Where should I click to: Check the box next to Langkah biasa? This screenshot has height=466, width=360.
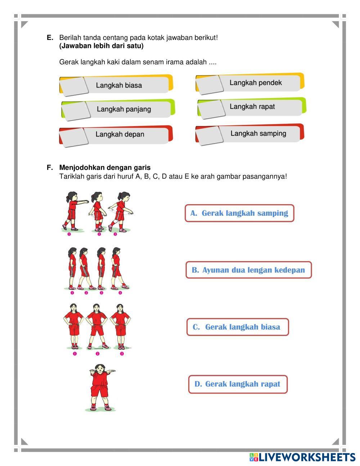(73, 86)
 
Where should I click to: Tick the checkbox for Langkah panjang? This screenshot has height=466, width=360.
(75, 110)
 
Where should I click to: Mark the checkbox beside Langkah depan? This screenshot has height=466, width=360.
(73, 136)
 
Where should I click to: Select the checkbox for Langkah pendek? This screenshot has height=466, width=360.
(210, 84)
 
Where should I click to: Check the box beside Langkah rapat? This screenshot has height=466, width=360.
(211, 108)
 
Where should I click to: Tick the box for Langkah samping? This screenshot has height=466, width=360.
(209, 135)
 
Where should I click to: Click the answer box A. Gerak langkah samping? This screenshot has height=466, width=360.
(239, 213)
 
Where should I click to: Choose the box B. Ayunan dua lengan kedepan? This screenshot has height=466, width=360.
(248, 270)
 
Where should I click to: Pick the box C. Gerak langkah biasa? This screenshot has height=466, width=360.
(238, 327)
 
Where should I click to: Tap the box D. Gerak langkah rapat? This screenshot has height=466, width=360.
(238, 384)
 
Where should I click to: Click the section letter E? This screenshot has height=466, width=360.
(50, 37)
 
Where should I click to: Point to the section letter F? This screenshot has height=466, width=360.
(50, 167)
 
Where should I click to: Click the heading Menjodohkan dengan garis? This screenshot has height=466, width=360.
(105, 167)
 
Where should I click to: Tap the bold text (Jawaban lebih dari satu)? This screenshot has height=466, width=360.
(101, 46)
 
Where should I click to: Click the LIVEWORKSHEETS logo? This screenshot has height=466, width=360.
(302, 457)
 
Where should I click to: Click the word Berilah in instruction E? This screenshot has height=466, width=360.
(70, 37)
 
